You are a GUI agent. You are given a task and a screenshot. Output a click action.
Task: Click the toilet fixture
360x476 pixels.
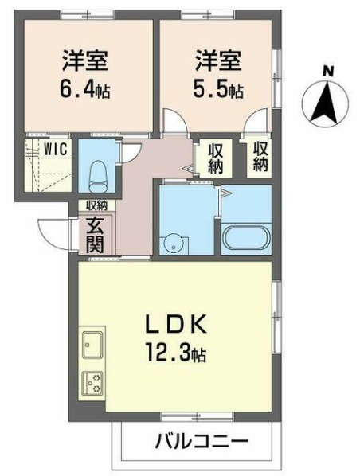[98, 177]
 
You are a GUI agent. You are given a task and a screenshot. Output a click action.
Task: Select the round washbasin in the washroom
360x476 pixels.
[174, 243]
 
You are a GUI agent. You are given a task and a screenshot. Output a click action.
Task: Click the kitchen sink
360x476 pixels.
[92, 345]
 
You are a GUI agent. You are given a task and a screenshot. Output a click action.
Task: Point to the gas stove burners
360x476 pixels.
[92, 383]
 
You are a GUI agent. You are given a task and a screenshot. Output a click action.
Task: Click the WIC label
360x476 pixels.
[56, 149]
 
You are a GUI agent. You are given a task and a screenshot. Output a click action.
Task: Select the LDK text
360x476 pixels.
[176, 326]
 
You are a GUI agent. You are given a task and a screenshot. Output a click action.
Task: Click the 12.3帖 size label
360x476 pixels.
[177, 352]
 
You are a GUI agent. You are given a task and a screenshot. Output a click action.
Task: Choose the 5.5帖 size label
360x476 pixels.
[218, 89]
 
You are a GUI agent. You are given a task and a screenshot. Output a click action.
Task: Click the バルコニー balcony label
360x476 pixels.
[202, 441]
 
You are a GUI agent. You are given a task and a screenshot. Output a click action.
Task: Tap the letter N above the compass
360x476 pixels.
[328, 72]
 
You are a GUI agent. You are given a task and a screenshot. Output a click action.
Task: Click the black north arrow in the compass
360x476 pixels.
[327, 102]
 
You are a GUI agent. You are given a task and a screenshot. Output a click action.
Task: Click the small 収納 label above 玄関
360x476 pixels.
[96, 205]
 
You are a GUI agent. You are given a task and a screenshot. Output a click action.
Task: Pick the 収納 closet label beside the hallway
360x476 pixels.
[216, 158]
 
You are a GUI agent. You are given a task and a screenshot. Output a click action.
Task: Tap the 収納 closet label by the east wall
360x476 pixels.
[260, 156]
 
